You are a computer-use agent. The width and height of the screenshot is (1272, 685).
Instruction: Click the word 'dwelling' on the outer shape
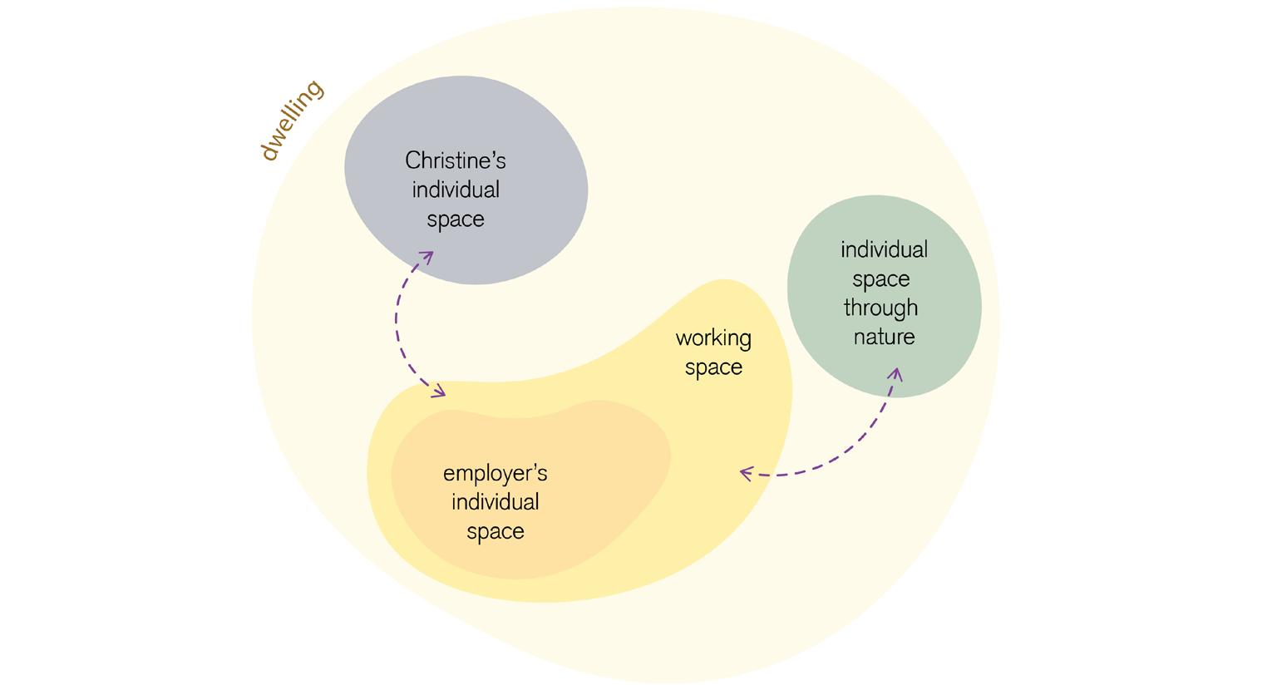(291, 120)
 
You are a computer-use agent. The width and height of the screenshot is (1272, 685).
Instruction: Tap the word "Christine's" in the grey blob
(455, 160)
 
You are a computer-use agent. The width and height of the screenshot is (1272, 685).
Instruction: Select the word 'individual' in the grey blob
(456, 190)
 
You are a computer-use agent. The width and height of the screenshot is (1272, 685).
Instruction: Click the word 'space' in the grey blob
(456, 219)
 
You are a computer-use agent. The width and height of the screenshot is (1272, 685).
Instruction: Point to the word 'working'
(713, 338)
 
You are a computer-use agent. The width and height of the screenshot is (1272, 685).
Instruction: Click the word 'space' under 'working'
(713, 367)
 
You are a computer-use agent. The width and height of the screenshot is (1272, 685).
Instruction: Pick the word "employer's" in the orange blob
(495, 474)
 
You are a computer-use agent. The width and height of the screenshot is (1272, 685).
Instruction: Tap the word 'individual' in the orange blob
(495, 502)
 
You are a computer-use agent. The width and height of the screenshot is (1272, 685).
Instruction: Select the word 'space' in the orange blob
(495, 532)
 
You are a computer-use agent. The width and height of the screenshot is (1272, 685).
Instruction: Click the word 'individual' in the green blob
(884, 249)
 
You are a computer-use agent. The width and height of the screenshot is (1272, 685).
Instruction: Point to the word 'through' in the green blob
(880, 308)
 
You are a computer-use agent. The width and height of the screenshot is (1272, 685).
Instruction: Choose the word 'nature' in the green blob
(884, 337)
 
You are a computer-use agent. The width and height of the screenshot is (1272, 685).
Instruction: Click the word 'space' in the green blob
(881, 279)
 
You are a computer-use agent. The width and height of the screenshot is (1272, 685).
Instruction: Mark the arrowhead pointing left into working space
(744, 473)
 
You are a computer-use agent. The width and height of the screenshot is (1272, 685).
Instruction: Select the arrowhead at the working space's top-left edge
(439, 392)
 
